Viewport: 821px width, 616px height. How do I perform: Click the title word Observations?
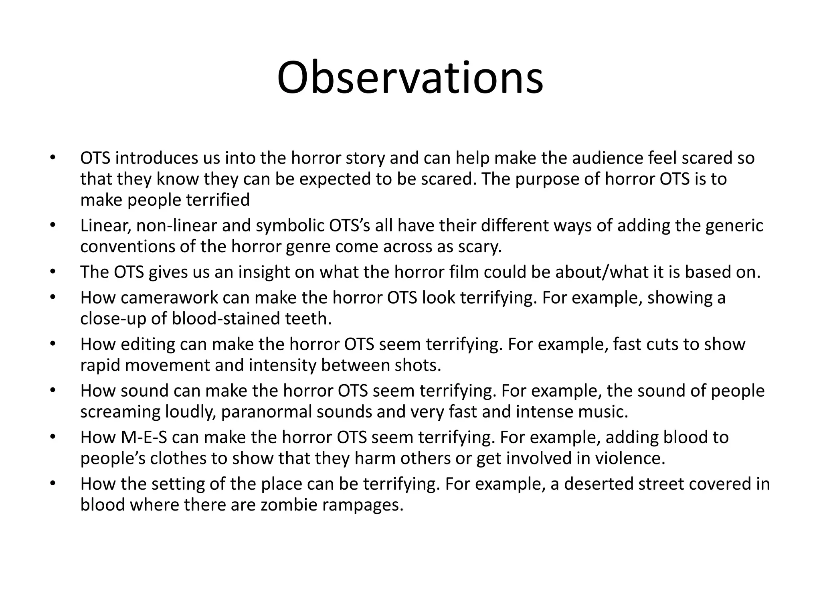[x=410, y=78]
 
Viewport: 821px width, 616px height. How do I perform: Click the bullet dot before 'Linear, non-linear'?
[x=52, y=226]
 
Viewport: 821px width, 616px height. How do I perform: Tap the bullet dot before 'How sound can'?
[x=52, y=391]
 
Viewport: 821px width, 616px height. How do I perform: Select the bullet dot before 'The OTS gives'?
[x=52, y=272]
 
